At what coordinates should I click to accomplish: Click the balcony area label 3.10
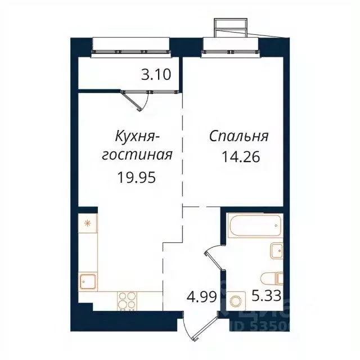[156, 75]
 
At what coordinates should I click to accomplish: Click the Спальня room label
[239, 137]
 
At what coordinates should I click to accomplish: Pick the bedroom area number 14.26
[242, 156]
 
